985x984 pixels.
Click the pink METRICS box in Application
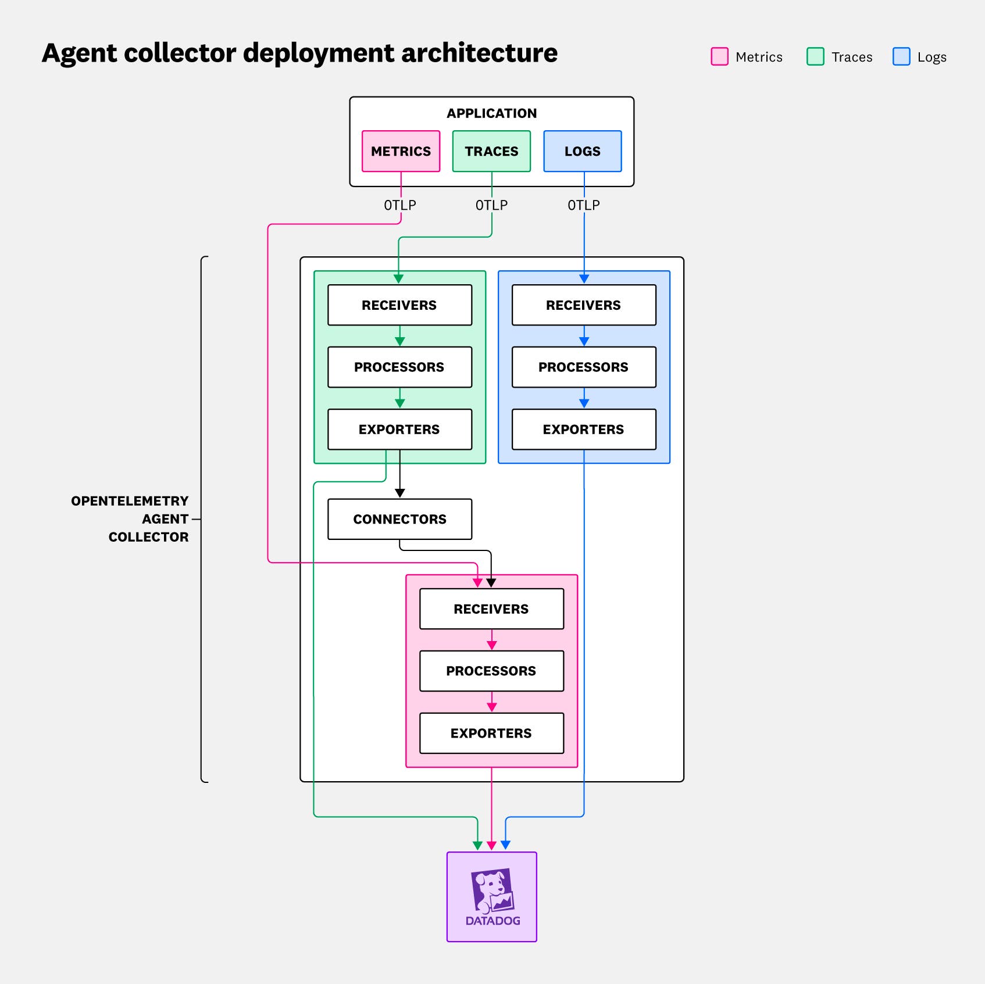coord(401,151)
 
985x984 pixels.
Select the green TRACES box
coord(491,151)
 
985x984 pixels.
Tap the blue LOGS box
coord(582,151)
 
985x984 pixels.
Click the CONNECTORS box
coord(399,519)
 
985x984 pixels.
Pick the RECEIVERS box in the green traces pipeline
coord(399,305)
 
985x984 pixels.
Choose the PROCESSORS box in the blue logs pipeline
coord(583,367)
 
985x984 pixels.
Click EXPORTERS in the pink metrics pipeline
coord(491,733)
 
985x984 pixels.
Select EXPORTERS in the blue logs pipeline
coord(583,430)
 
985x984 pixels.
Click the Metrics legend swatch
coord(719,56)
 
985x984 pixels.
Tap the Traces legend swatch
coord(815,56)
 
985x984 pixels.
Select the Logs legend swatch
coord(901,56)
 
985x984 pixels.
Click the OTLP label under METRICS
coord(400,205)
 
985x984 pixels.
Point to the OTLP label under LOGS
coord(584,205)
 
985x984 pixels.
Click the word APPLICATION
coord(491,113)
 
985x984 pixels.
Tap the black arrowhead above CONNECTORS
coord(399,493)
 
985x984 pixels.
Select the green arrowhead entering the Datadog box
coord(477,845)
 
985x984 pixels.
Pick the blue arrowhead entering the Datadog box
coord(505,845)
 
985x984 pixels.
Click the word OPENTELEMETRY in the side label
coord(130,501)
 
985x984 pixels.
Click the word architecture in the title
coord(479,53)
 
